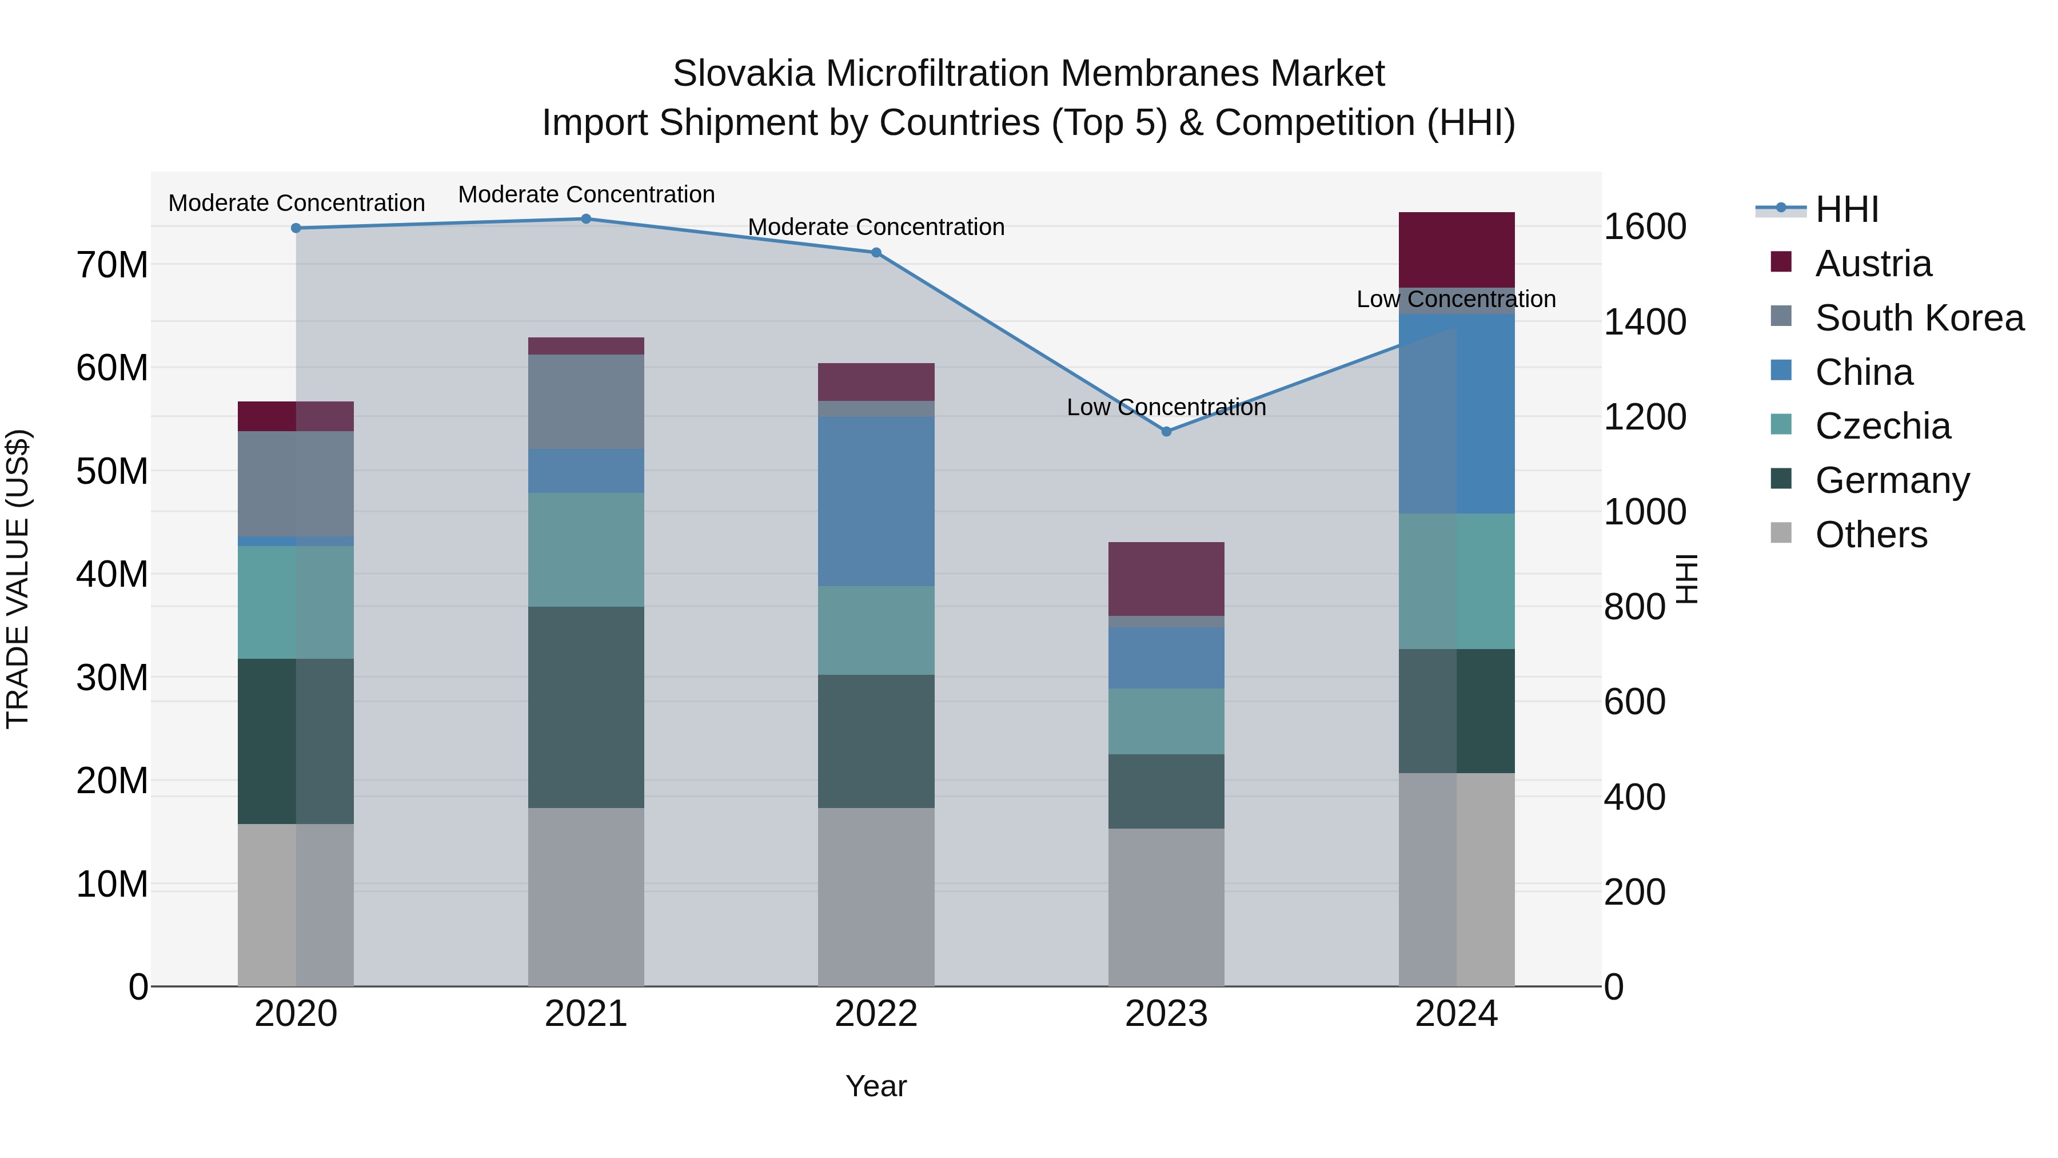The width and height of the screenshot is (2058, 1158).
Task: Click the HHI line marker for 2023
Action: pos(1166,432)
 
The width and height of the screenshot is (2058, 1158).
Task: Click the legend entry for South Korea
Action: pos(1919,318)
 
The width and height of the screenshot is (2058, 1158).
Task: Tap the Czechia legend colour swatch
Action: pos(1781,424)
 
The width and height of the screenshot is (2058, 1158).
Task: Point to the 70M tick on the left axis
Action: pos(112,265)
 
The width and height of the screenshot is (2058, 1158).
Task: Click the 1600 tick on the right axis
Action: pos(1644,227)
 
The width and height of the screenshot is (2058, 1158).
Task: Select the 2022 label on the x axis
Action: pos(876,1014)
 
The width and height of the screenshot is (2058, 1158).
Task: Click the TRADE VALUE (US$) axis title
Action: pos(18,579)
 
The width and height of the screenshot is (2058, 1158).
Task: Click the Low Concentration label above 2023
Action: pos(1166,408)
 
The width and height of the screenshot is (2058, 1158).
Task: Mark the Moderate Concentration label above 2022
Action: pos(876,227)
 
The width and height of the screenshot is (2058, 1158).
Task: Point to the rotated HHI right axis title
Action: pos(1686,579)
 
